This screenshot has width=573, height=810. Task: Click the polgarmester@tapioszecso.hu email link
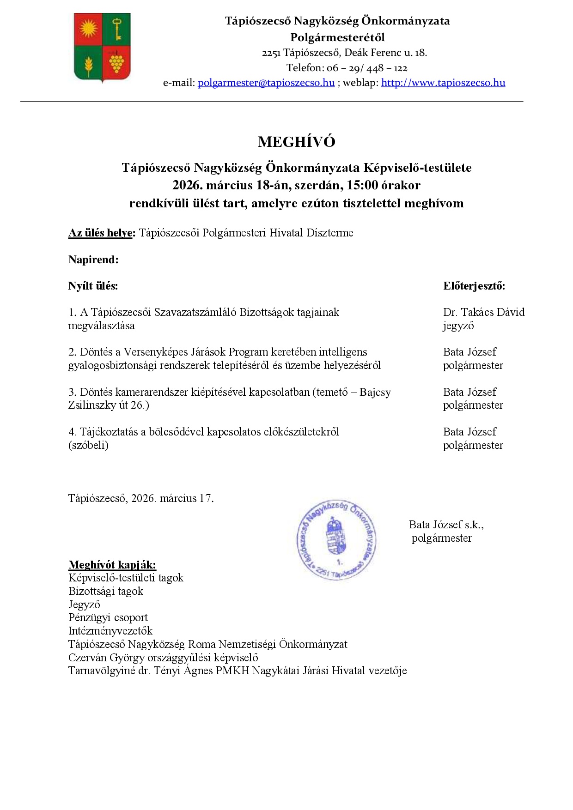(x=266, y=83)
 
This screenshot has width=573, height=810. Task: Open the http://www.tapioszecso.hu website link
(x=443, y=83)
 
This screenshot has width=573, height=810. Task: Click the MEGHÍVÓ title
(x=296, y=142)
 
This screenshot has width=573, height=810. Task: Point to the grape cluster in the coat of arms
(x=116, y=61)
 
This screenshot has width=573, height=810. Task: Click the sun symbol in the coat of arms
(x=88, y=29)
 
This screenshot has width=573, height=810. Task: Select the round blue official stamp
(x=336, y=539)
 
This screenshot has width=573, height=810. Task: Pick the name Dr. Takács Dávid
(x=483, y=312)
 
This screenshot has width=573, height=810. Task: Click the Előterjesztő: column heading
(x=474, y=286)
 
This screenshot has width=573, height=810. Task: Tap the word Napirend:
(x=93, y=260)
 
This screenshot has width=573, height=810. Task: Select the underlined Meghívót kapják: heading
(x=112, y=564)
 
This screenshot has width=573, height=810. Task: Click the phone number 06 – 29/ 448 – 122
(x=367, y=68)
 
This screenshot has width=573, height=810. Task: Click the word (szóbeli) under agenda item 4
(x=88, y=445)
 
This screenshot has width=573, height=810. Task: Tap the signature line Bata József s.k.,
(x=446, y=525)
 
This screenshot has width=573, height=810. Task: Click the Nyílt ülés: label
(x=93, y=286)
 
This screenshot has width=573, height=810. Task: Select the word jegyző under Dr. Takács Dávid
(x=458, y=326)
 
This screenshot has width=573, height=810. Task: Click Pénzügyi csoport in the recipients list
(x=108, y=617)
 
